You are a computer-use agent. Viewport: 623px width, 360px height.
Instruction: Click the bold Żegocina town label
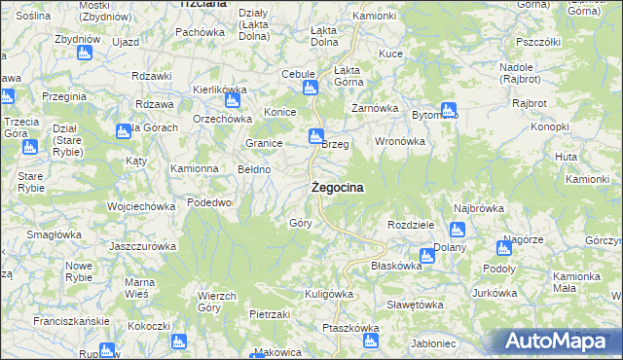pyautogui.click(x=338, y=188)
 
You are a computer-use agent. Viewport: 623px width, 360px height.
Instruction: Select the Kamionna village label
pyautogui.click(x=195, y=168)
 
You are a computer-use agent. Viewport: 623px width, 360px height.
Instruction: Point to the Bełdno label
pyautogui.click(x=255, y=169)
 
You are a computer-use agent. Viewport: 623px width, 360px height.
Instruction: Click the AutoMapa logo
pyautogui.click(x=558, y=342)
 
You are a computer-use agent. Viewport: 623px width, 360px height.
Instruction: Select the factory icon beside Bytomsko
pyautogui.click(x=448, y=111)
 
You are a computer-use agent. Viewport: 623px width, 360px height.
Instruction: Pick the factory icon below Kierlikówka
pyautogui.click(x=232, y=100)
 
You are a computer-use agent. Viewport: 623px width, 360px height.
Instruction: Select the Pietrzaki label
pyautogui.click(x=271, y=315)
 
